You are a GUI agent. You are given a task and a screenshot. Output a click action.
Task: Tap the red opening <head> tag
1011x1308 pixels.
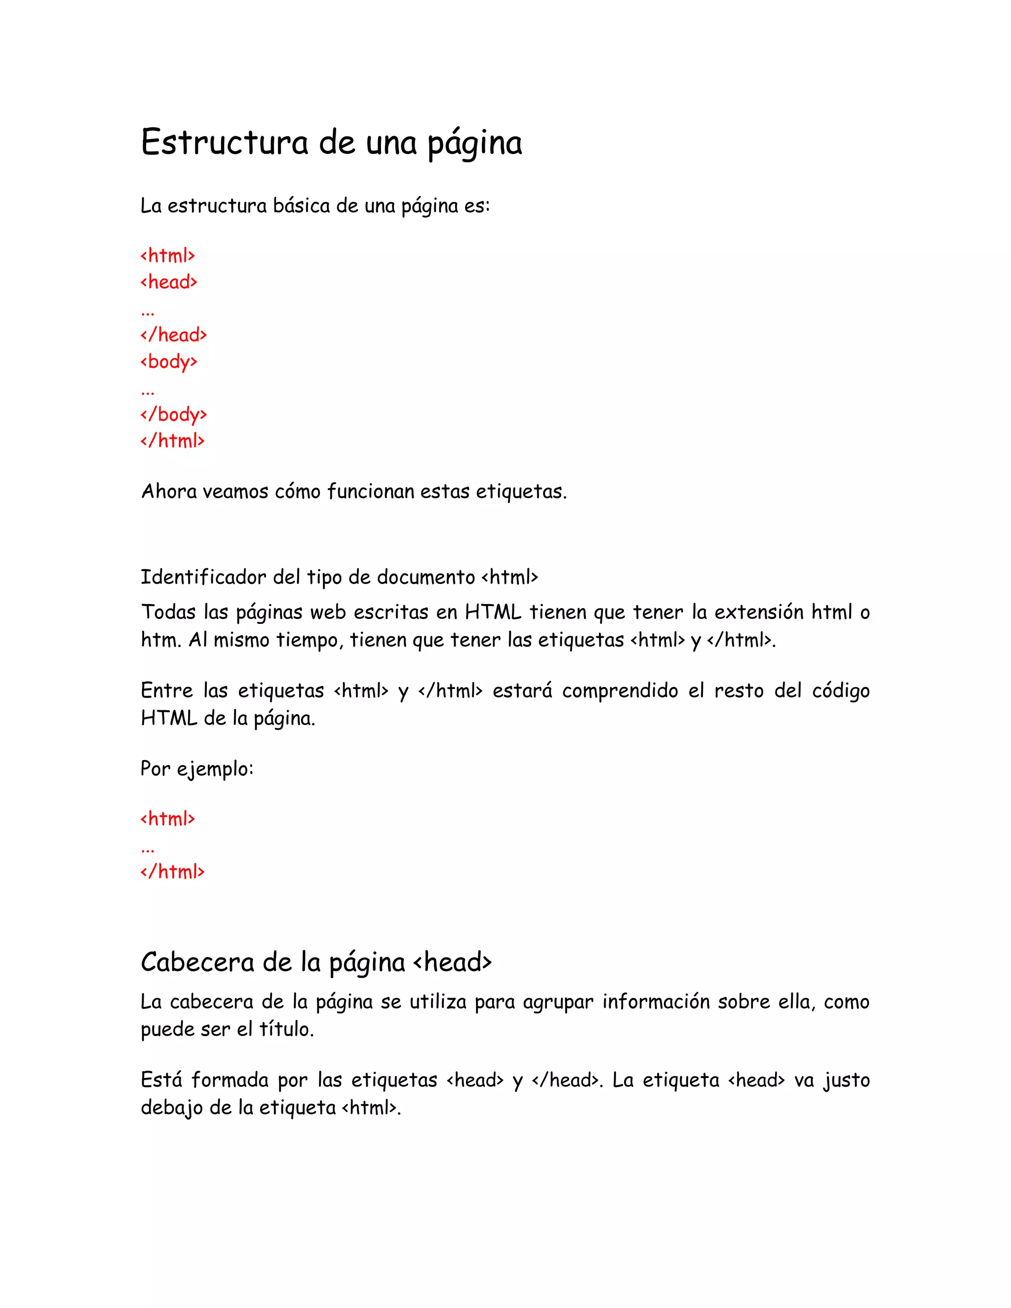[169, 282]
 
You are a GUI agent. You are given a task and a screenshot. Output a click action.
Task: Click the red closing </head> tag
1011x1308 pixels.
[174, 335]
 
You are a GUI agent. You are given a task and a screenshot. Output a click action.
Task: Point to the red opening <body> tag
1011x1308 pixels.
[169, 362]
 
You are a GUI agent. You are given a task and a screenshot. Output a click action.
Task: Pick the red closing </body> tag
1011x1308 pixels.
[174, 415]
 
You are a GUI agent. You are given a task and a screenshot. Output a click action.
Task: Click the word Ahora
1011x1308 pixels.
[169, 491]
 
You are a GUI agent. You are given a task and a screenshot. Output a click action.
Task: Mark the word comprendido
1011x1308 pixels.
[620, 691]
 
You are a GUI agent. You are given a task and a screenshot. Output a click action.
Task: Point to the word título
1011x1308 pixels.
[286, 1029]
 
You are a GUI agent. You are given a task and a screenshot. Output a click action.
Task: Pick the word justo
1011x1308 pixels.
[846, 1080]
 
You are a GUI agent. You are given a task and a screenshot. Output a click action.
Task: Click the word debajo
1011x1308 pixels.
[172, 1108]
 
